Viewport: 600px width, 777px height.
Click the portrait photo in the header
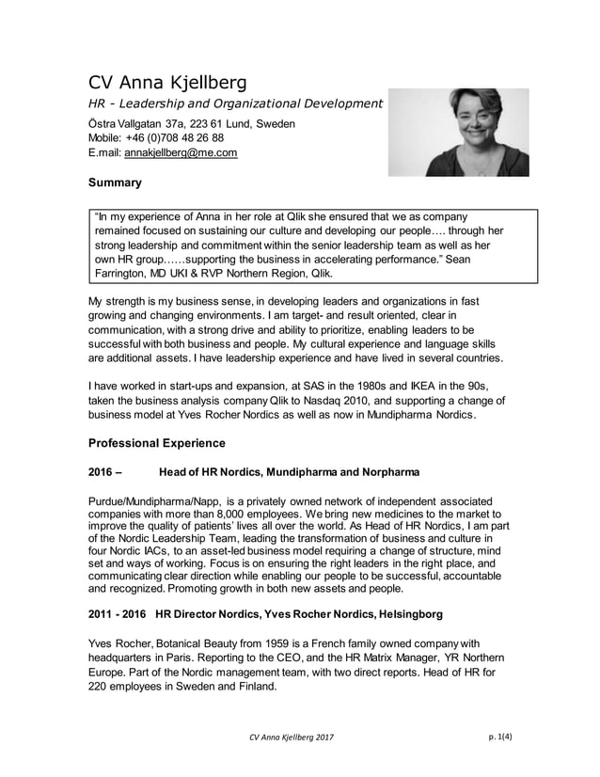pyautogui.click(x=458, y=133)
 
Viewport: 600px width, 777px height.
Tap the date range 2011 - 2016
pyautogui.click(x=118, y=615)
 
